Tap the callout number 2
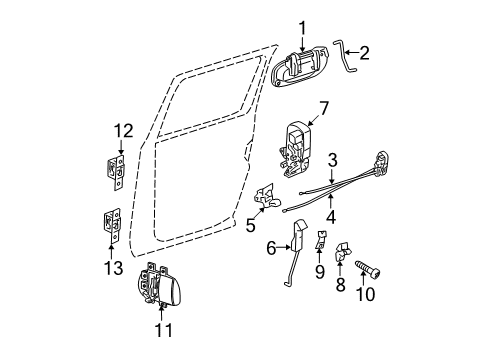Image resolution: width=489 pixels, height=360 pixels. pyautogui.click(x=365, y=52)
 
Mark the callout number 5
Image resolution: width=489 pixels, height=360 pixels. pyautogui.click(x=251, y=225)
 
